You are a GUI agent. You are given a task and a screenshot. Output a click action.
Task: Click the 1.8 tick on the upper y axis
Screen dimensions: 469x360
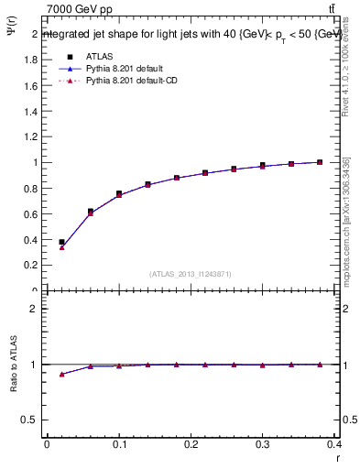[x=31, y=60]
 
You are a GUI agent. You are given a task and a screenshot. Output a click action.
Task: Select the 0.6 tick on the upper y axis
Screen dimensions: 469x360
[x=31, y=213]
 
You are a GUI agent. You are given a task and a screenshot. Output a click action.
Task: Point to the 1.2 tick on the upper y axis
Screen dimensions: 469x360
[x=31, y=136]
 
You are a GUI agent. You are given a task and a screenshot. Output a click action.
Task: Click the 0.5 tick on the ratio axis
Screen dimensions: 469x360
[x=29, y=420]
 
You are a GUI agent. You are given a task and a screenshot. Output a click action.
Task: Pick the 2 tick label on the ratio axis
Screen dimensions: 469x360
[x=34, y=309]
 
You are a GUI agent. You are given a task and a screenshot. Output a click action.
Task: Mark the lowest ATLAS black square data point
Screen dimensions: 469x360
[x=61, y=242]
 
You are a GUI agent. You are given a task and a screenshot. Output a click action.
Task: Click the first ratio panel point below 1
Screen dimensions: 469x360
[x=61, y=374]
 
